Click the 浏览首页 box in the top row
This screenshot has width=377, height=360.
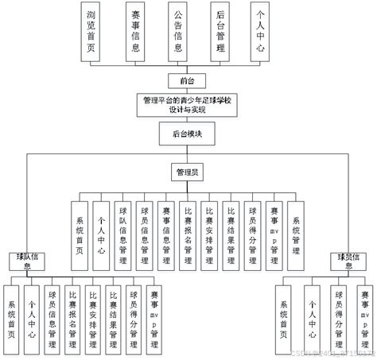[93, 29]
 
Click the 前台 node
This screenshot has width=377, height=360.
[188, 79]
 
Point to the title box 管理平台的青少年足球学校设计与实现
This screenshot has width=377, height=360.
[188, 106]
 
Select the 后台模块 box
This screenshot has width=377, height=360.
[188, 134]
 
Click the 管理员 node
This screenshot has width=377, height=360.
[188, 171]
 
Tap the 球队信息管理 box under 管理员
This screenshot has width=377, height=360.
[122, 226]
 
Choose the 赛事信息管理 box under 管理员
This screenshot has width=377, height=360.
[165, 226]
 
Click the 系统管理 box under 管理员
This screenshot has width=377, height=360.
[295, 226]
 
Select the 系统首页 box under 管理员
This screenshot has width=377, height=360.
[80, 226]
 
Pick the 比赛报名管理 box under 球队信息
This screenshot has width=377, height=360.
[73, 313]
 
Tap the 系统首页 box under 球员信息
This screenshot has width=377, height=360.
[284, 313]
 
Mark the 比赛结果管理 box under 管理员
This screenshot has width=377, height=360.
[230, 226]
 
